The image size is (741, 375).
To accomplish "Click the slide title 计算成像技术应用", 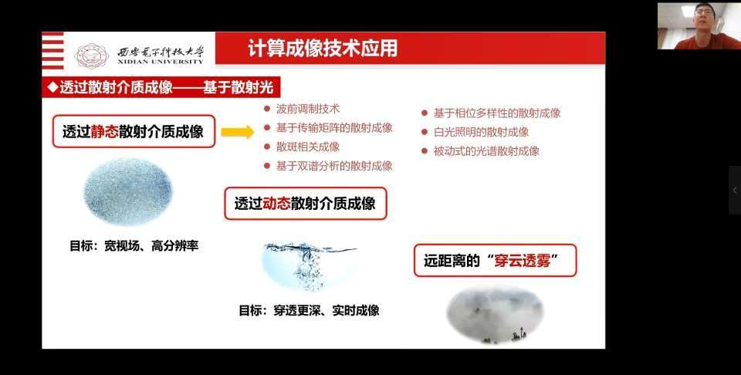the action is coord(323,48).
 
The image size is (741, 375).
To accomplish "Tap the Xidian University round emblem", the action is coord(92,56).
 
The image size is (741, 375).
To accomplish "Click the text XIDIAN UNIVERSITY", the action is coord(161,62).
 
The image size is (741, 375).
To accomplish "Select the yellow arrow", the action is coord(238,132).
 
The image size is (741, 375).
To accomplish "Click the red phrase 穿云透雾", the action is coord(523,260).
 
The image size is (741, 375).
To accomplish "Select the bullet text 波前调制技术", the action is coord(308,109).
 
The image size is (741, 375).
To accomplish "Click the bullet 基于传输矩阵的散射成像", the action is coord(334,127).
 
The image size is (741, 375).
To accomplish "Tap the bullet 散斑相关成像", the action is coord(308,147).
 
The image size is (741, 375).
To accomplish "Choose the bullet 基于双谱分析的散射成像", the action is coord(334,165).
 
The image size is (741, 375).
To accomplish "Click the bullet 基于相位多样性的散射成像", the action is coord(497,113).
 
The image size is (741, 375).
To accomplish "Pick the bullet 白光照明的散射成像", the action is coord(481,132).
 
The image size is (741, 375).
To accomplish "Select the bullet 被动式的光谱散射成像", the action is coord(486,151).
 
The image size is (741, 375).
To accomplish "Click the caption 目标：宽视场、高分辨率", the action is coord(134,246).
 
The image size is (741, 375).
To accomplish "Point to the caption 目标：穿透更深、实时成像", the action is coord(309,310).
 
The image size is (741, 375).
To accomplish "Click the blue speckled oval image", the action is coord(127,192).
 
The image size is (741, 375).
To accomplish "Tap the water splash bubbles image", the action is coord(310,267).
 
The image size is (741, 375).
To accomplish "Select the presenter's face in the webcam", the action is coord(702,18).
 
